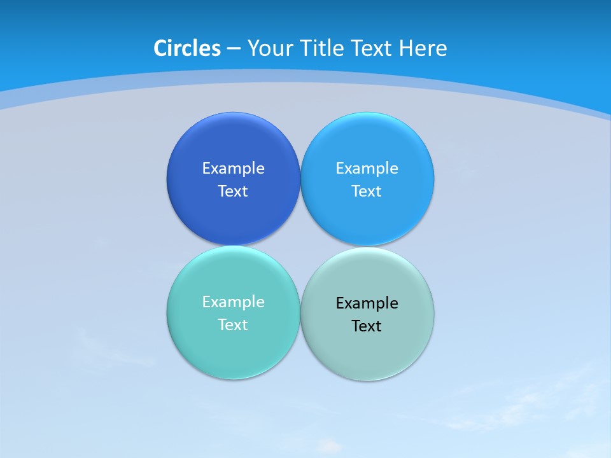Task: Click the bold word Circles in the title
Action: (187, 48)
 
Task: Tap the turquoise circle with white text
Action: (233, 350)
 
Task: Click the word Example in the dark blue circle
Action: (233, 169)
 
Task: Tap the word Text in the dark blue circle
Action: (233, 191)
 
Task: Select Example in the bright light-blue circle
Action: (367, 169)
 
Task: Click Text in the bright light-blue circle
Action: (367, 191)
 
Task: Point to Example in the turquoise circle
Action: (233, 302)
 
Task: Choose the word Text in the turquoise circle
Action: (233, 325)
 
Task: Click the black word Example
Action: (367, 303)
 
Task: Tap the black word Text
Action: (367, 326)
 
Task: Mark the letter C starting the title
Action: (160, 48)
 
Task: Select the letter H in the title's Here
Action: (405, 48)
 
